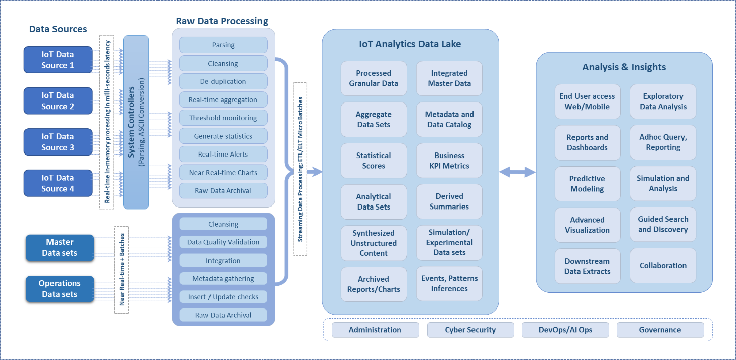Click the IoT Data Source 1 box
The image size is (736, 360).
click(58, 60)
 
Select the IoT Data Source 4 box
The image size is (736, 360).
click(58, 183)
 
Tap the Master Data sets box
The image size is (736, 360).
click(60, 247)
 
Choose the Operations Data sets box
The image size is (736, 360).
click(60, 289)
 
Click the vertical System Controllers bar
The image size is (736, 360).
click(136, 122)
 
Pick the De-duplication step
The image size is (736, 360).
click(223, 81)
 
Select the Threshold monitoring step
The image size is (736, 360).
click(223, 118)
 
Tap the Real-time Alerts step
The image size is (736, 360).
click(223, 155)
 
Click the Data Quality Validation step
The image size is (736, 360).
click(223, 242)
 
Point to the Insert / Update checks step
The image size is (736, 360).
click(223, 297)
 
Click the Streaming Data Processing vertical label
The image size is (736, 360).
click(300, 169)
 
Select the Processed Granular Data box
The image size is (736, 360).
click(374, 78)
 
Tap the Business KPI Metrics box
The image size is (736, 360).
click(449, 161)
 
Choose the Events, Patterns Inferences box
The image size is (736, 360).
click(449, 284)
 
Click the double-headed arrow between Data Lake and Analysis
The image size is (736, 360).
click(517, 173)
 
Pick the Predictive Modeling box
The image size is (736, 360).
click(587, 184)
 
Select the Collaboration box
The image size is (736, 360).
click(663, 266)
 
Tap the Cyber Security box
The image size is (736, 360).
click(470, 330)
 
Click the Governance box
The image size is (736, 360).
click(660, 330)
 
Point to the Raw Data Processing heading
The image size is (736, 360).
click(222, 21)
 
